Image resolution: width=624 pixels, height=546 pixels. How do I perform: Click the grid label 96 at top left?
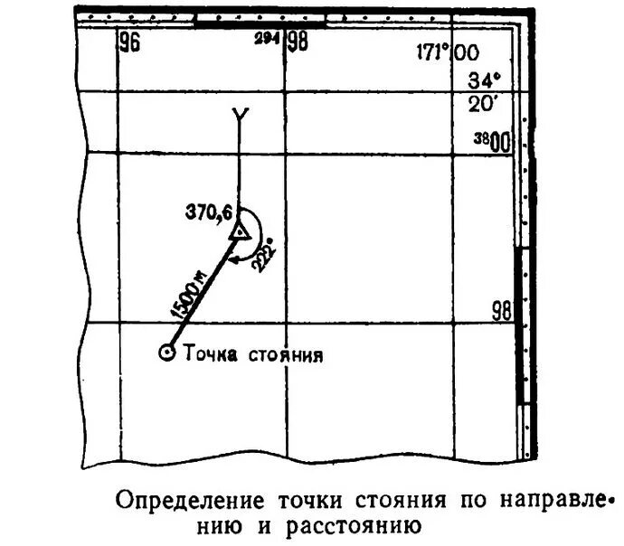click(x=129, y=43)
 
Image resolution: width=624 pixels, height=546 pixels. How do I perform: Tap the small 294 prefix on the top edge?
click(x=267, y=39)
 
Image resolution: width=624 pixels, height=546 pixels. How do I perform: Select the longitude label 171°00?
click(x=449, y=52)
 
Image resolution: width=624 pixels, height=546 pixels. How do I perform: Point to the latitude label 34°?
click(x=484, y=79)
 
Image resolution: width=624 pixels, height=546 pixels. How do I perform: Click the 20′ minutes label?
click(x=484, y=103)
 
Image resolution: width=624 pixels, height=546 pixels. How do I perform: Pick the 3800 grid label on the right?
click(x=493, y=141)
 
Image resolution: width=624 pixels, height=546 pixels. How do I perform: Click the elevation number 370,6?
click(x=209, y=212)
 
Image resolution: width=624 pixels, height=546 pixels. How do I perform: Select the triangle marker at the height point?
click(x=239, y=233)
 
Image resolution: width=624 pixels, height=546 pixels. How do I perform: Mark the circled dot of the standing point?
click(x=166, y=353)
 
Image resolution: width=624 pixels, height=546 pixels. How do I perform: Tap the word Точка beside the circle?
click(x=209, y=353)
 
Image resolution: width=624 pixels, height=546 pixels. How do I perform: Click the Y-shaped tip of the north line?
click(x=239, y=115)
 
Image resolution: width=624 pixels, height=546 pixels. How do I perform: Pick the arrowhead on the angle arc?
click(x=234, y=260)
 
